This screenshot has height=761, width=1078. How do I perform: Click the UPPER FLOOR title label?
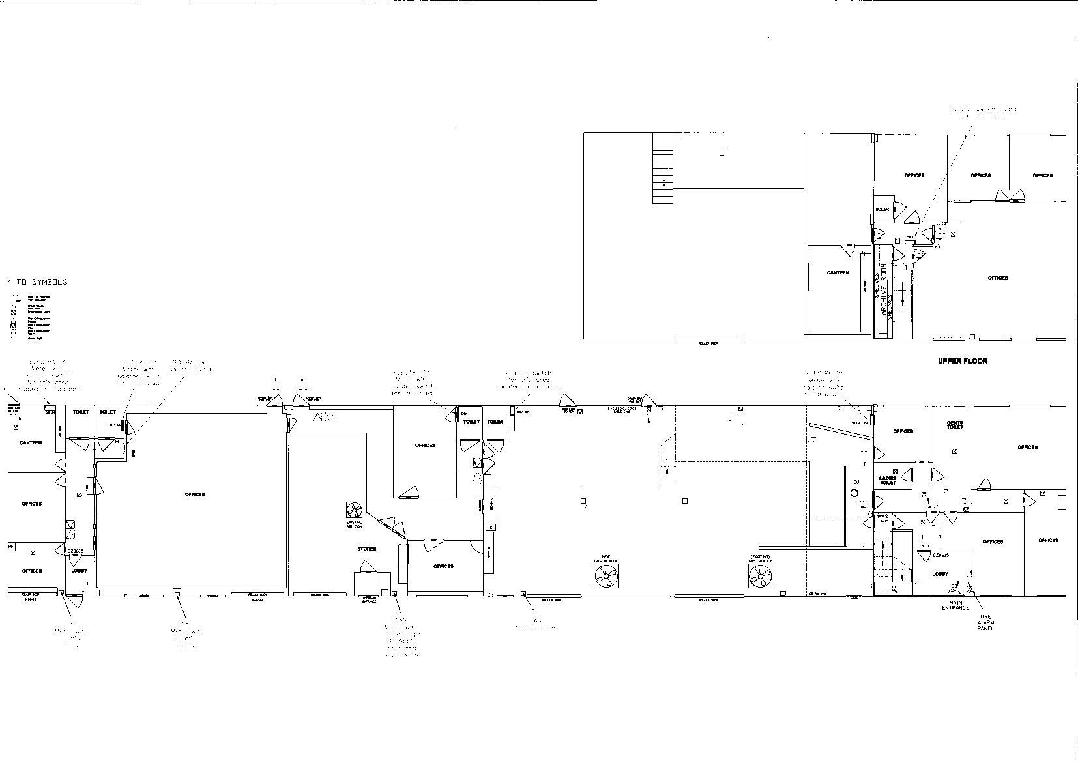pos(963,361)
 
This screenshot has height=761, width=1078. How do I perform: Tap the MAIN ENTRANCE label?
pos(955,605)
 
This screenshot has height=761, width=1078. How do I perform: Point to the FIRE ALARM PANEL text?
pos(985,622)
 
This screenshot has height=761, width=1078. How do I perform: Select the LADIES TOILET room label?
pos(888,481)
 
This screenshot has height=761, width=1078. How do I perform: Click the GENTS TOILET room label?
pos(955,425)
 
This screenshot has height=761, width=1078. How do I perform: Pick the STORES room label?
pos(366,549)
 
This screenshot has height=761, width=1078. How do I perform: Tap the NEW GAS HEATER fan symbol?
pos(606,575)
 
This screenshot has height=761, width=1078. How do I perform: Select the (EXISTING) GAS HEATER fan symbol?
pos(760,575)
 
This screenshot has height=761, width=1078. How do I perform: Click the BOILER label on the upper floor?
pos(882,209)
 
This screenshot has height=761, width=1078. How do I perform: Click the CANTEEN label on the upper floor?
pos(838,273)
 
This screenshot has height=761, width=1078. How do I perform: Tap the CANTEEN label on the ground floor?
pos(31,443)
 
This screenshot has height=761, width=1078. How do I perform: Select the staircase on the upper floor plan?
pos(662,168)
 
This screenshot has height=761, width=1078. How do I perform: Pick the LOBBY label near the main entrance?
pos(940,574)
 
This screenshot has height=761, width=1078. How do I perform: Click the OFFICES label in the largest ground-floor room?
pos(195,495)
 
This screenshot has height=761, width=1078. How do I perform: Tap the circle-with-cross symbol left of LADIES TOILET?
pos(855,492)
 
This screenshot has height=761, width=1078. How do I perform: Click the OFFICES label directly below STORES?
pos(443,566)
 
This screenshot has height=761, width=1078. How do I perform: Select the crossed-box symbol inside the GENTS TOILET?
pos(955,451)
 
